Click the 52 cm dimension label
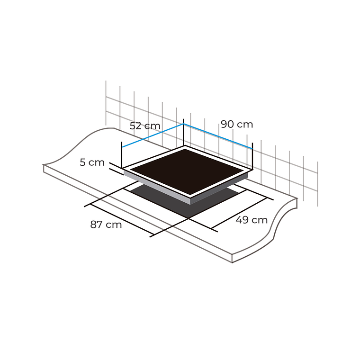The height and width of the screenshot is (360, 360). (145, 126)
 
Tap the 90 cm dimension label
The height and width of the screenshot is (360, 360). (237, 125)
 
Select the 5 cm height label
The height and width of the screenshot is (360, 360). (92, 162)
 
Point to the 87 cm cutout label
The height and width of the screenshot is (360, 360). (106, 225)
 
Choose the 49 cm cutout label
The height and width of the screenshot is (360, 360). (252, 220)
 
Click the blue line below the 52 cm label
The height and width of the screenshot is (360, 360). (153, 136)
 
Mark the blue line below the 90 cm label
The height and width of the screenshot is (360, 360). (218, 136)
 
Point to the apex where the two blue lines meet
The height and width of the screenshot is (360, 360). (184, 125)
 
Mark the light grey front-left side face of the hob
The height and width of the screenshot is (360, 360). (156, 187)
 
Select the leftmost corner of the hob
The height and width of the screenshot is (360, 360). (123, 169)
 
